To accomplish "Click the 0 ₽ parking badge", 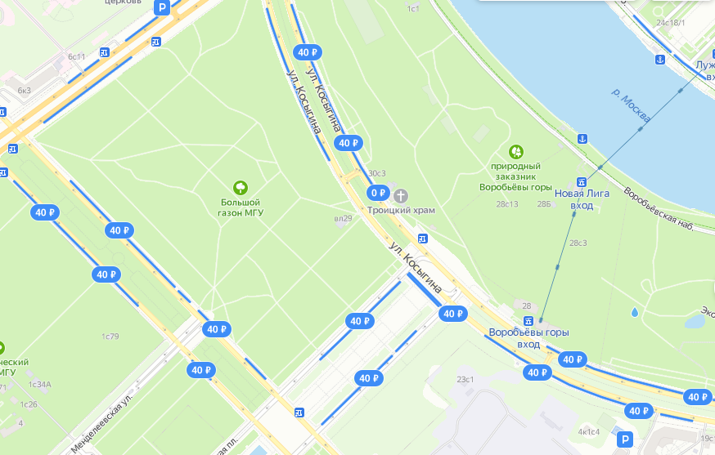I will coord(377,193).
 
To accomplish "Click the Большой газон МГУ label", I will coord(241,207).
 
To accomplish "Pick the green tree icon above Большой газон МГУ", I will coord(241,187).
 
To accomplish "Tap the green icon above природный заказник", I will coord(516,151).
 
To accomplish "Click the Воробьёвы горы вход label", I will coord(528,338).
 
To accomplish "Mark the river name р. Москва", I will coord(630,103).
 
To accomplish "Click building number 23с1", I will coord(465,379).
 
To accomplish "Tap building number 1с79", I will coord(110,337).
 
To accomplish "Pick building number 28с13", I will coord(507,204).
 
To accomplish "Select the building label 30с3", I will coord(376,174).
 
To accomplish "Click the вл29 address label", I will coord(343,218).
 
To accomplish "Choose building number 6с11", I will coord(77,56).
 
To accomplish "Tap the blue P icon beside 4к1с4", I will coord(626,439).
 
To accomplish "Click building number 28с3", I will coord(578,243).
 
